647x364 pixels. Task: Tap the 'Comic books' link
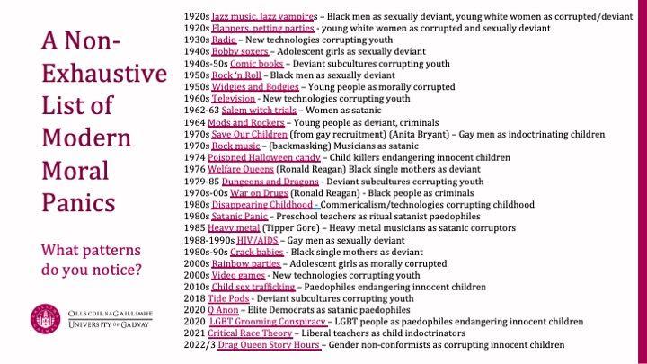[257, 64]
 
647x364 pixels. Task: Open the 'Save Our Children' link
[246, 133]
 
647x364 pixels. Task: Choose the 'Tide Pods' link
[227, 297]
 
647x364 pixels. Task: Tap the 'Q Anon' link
[223, 309]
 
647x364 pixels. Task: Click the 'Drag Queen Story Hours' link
[265, 344]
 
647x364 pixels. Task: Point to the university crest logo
[41, 316]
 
